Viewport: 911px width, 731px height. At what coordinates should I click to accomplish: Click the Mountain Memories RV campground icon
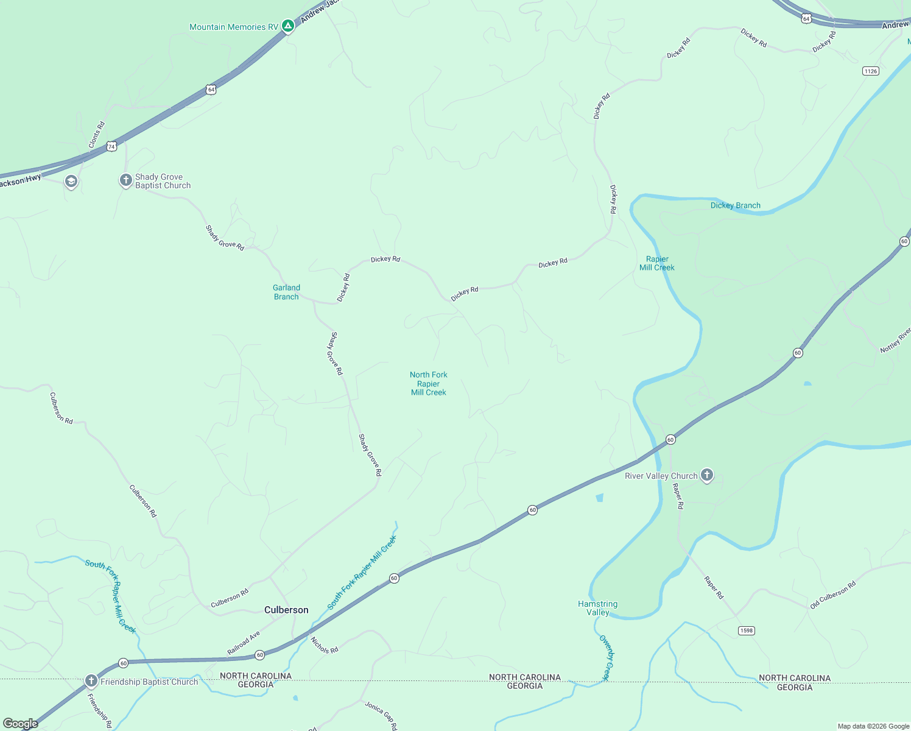(288, 26)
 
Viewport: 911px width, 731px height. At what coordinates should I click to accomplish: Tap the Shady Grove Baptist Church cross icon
(125, 180)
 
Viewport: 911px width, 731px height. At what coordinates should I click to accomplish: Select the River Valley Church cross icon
(706, 475)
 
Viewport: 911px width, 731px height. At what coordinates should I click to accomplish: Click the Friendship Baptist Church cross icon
(91, 680)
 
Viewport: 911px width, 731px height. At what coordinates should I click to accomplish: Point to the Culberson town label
(286, 610)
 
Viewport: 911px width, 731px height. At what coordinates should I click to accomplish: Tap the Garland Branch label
(286, 292)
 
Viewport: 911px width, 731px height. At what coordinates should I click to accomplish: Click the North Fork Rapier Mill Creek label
(429, 384)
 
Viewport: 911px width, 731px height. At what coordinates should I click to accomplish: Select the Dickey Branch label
(735, 205)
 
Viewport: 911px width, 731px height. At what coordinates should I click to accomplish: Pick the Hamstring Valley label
(597, 608)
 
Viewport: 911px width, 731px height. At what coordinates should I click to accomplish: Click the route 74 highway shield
(111, 146)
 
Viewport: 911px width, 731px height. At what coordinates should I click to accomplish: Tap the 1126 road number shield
(870, 71)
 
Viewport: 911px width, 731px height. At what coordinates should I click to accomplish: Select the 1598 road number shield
(746, 630)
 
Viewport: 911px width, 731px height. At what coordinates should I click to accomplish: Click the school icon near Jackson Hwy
(71, 182)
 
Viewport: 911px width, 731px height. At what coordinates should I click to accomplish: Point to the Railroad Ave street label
(244, 643)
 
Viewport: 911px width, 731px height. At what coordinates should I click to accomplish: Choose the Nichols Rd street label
(324, 645)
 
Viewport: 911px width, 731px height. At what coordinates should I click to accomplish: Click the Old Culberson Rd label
(832, 595)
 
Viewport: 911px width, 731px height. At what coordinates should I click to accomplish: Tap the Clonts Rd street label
(96, 135)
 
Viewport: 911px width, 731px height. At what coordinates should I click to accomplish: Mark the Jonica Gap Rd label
(381, 715)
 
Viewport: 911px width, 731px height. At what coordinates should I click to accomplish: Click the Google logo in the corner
(21, 723)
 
